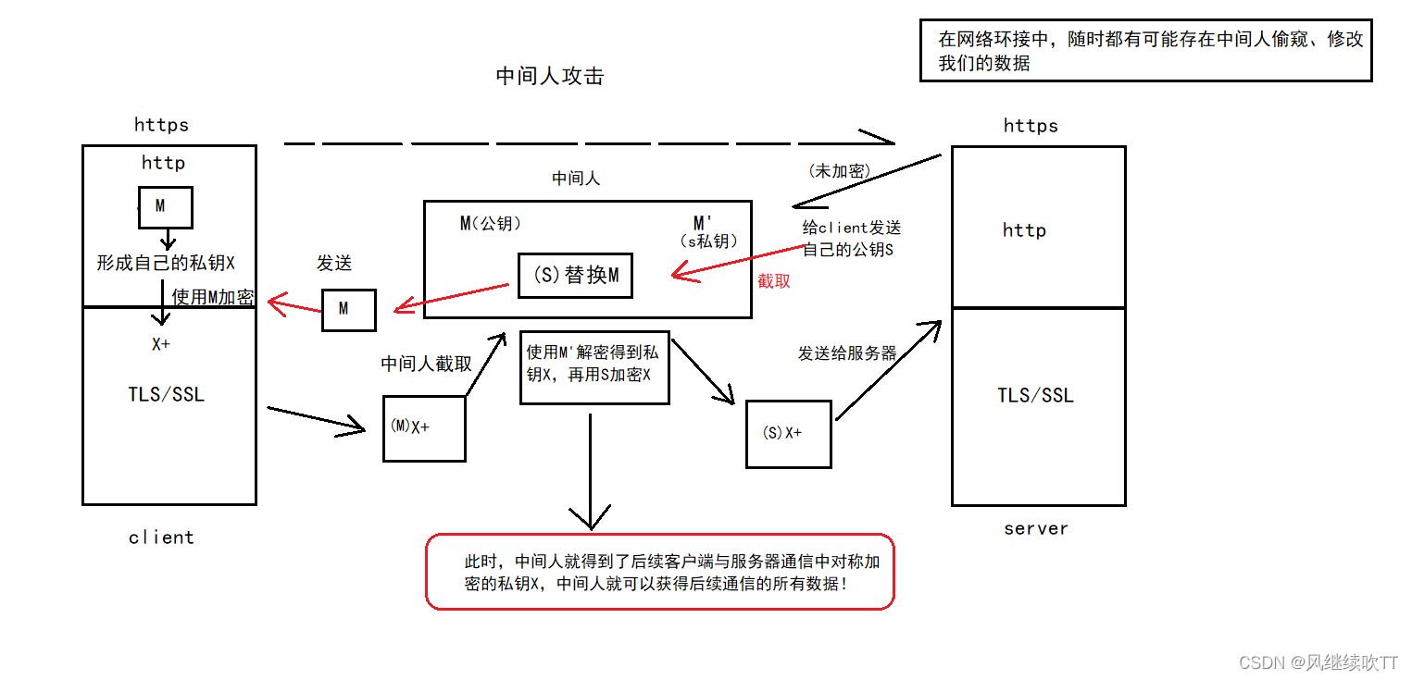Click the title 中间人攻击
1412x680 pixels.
[550, 76]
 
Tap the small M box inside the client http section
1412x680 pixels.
[165, 207]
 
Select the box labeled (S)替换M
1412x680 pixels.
[575, 275]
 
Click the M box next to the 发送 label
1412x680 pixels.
[348, 310]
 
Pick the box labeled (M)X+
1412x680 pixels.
[424, 428]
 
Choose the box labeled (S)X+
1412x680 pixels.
[788, 434]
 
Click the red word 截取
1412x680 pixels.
[774, 281]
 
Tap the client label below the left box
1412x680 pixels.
[162, 538]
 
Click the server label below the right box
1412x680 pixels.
[1036, 528]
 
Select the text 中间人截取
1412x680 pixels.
[426, 364]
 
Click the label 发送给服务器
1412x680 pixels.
[847, 353]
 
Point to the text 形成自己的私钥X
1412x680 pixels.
[166, 262]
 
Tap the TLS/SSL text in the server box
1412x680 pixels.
[1035, 395]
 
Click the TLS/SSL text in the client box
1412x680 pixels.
[167, 394]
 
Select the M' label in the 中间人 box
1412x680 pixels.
[704, 224]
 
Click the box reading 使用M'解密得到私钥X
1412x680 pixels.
[594, 367]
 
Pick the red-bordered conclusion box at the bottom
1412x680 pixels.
[659, 571]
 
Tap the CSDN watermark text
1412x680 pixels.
[1318, 662]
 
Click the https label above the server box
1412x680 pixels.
[1031, 126]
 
